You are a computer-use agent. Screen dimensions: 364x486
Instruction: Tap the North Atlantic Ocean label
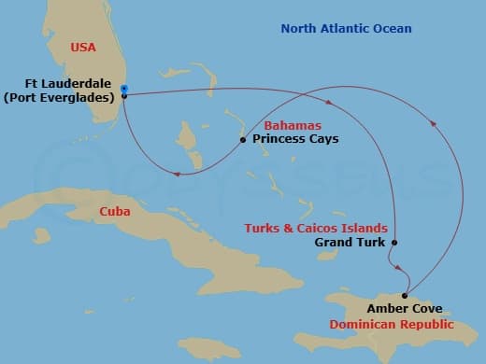pyautogui.click(x=347, y=29)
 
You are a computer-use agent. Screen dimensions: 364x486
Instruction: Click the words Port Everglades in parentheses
pyautogui.click(x=64, y=96)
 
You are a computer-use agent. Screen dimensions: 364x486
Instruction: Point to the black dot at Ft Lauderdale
pyautogui.click(x=124, y=95)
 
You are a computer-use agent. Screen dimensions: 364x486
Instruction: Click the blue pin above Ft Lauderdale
pyautogui.click(x=124, y=89)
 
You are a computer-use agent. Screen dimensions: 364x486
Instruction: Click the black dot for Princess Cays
pyautogui.click(x=243, y=140)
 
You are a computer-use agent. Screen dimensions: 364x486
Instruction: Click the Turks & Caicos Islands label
pyautogui.click(x=315, y=228)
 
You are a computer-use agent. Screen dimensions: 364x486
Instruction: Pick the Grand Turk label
pyautogui.click(x=349, y=242)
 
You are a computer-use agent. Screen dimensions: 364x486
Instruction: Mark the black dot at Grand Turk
pyautogui.click(x=394, y=243)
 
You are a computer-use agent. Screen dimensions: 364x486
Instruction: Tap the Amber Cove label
pyautogui.click(x=405, y=308)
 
